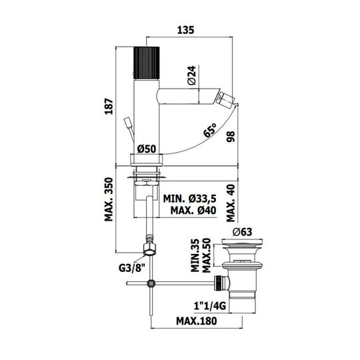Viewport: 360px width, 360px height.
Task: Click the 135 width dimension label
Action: pyautogui.click(x=185, y=30)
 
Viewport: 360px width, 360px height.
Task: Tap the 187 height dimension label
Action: pyautogui.click(x=109, y=107)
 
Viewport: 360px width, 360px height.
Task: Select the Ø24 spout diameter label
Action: pyautogui.click(x=191, y=75)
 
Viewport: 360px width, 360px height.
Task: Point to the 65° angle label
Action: pyautogui.click(x=210, y=130)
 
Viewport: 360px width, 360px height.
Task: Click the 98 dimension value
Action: pyautogui.click(x=231, y=137)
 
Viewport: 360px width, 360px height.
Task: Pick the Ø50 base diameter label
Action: pyautogui.click(x=147, y=149)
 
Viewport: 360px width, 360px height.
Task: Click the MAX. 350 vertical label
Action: pyautogui.click(x=109, y=199)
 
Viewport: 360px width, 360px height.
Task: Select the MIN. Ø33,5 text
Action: pyautogui.click(x=189, y=199)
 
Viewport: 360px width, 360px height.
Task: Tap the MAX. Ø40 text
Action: pyautogui.click(x=193, y=210)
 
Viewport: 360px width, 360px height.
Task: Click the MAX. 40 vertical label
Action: pyautogui.click(x=231, y=203)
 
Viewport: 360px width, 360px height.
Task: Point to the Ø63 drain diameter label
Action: pyautogui.click(x=242, y=232)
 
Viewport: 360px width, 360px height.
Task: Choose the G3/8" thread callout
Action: pyautogui.click(x=132, y=268)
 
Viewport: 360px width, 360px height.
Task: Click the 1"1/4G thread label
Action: pyautogui.click(x=210, y=306)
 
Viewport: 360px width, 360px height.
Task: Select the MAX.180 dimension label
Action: pyautogui.click(x=196, y=321)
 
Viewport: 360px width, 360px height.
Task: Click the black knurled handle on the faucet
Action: pyautogui.click(x=146, y=63)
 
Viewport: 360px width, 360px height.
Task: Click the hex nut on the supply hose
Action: pyautogui.click(x=149, y=249)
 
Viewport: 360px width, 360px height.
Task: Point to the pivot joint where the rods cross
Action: pyautogui.click(x=151, y=283)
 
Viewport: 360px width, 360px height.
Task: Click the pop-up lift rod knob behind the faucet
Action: pyautogui.click(x=127, y=123)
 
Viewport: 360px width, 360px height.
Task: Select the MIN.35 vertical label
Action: pyautogui.click(x=195, y=255)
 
